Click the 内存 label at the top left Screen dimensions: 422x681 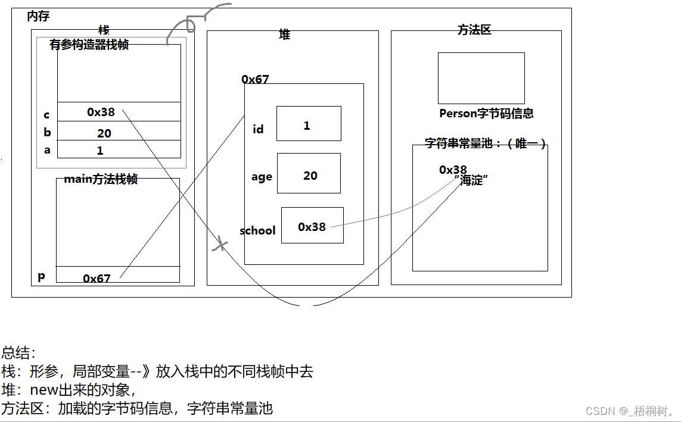38,17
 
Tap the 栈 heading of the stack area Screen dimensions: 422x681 104,30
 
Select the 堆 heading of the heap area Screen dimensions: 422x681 285,35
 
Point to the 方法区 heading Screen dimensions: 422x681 474,30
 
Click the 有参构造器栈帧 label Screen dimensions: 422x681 89,45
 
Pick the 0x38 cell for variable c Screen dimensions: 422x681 119,112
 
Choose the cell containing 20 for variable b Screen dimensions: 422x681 119,132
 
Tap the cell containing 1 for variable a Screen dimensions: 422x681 119,150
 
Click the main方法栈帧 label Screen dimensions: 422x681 101,179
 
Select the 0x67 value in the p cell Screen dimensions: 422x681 97,278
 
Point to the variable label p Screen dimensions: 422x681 41,276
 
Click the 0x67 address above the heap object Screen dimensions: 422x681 255,79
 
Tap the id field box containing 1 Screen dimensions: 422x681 308,124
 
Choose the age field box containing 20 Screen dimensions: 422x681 309,174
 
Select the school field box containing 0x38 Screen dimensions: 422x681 312,226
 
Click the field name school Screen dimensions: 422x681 257,230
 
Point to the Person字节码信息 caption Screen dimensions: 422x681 486,113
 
